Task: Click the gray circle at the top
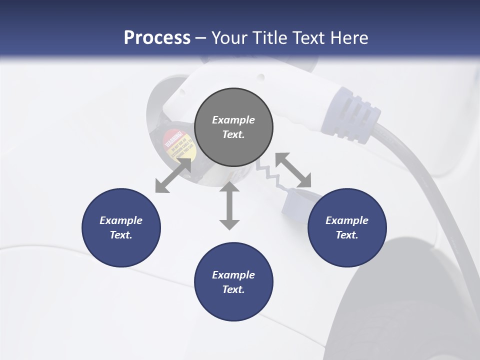233,127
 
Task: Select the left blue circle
121,227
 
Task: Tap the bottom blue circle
233,282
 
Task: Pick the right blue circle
347,227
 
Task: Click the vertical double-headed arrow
229,206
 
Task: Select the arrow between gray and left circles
173,175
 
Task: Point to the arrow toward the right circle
293,169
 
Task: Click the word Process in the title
157,38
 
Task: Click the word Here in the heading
349,38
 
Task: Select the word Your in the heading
228,38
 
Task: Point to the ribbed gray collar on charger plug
353,115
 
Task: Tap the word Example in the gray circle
233,120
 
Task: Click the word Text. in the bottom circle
233,289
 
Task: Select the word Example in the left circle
121,220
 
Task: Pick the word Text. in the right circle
347,235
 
